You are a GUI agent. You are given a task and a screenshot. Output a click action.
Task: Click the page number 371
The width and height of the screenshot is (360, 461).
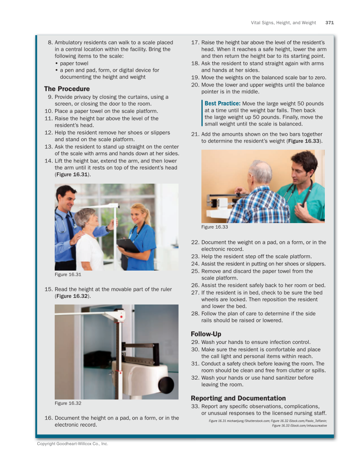click(329, 23)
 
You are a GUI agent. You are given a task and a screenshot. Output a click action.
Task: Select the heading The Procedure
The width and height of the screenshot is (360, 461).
click(67, 89)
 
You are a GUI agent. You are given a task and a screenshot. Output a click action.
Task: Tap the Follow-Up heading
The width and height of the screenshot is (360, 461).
click(206, 334)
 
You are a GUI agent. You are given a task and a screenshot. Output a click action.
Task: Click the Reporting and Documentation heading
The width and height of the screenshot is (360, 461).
click(238, 398)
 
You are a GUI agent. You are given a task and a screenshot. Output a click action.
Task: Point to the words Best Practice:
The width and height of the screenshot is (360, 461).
click(223, 103)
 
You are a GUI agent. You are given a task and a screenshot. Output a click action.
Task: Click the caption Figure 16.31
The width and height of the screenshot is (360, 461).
click(68, 274)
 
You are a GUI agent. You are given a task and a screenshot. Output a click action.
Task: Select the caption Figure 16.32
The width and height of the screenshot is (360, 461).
click(68, 403)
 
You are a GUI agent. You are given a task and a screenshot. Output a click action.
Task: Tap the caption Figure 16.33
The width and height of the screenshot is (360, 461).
click(215, 227)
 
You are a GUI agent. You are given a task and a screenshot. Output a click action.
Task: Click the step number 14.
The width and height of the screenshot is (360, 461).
click(48, 161)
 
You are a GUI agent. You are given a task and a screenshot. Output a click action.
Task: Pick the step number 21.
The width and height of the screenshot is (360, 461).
click(195, 134)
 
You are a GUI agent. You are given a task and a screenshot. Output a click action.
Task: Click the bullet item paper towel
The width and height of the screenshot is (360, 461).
click(74, 63)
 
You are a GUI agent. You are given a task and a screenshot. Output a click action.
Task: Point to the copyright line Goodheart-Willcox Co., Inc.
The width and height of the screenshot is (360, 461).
click(73, 444)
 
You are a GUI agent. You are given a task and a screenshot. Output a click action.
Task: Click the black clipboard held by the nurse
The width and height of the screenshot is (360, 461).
click(128, 246)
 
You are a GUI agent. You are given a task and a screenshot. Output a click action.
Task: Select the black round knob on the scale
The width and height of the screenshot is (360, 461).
click(166, 384)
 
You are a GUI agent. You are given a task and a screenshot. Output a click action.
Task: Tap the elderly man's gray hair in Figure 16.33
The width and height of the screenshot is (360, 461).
click(260, 171)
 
